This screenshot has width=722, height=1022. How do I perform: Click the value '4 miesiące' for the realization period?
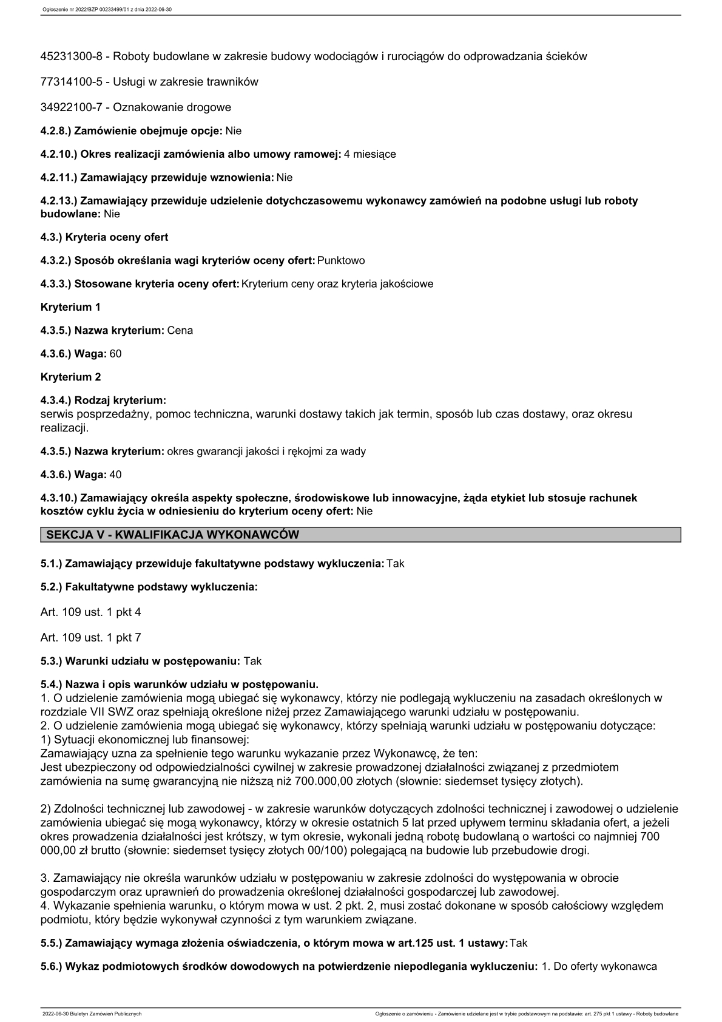coord(370,154)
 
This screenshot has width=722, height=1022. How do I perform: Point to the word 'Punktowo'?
coord(341,260)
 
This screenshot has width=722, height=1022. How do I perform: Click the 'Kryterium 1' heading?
coord(70,307)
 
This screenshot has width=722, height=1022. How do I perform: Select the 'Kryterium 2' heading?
coord(70,377)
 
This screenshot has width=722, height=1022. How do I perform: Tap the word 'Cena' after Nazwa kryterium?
coord(180,331)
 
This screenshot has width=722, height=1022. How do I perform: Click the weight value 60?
coord(115,354)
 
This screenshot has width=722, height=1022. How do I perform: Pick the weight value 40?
coord(115,475)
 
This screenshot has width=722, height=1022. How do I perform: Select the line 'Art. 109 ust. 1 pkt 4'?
coord(90,612)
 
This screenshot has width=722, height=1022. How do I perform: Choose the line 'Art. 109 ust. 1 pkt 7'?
coord(90,638)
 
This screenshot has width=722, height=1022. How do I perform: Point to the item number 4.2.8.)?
coord(56,131)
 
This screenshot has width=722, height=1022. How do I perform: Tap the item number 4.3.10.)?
coord(59,498)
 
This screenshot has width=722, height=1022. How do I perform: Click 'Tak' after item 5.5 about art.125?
coord(519,943)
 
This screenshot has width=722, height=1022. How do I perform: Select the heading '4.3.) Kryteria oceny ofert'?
coord(104,237)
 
